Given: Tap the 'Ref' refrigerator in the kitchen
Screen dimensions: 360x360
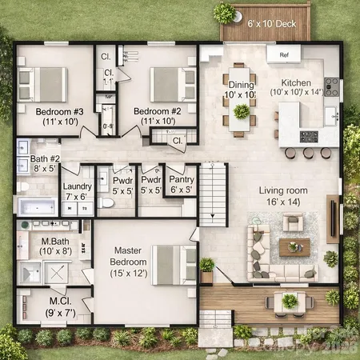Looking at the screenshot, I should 283,56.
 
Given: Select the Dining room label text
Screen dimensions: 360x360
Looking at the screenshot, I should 241,89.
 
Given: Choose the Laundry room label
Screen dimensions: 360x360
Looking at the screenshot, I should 78,191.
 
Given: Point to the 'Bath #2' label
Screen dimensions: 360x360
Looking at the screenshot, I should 46,163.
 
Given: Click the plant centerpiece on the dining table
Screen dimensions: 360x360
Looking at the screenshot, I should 241,111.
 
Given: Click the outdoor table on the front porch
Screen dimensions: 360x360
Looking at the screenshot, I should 289,302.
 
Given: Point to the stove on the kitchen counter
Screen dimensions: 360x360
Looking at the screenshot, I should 332,86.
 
